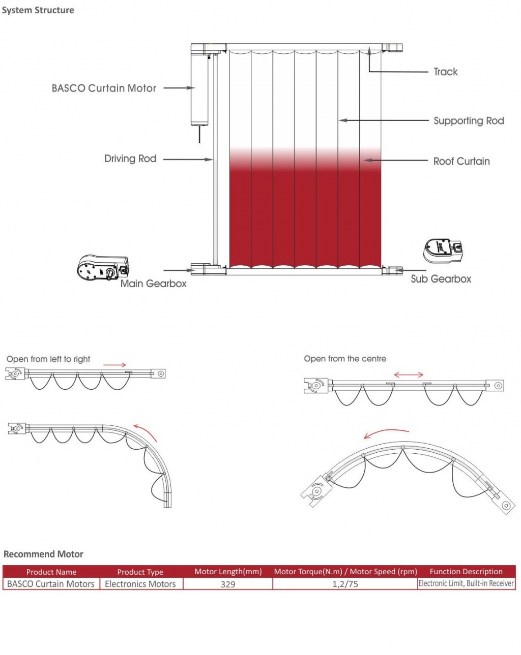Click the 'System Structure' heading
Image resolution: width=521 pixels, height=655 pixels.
(38, 10)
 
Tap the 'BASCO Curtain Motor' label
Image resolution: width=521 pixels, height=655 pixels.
(104, 88)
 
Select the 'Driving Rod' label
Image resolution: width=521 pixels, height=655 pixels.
(130, 159)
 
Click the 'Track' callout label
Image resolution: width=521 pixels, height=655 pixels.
(445, 72)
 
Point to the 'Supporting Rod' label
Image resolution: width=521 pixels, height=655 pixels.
(469, 121)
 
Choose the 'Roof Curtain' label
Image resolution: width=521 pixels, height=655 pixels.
(461, 161)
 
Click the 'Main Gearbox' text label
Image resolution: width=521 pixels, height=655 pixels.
(153, 284)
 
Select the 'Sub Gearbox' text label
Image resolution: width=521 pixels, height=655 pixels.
(441, 279)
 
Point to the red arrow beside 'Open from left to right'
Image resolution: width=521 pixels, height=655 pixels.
(114, 365)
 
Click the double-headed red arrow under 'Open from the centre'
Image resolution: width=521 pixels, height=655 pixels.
(409, 375)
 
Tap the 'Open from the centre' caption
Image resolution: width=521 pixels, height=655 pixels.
(345, 359)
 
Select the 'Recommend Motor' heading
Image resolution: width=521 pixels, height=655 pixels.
(43, 554)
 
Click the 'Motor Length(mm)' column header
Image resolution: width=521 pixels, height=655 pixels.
(228, 572)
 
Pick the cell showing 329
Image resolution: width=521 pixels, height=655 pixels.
(228, 584)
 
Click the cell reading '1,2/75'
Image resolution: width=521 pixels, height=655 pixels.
(345, 584)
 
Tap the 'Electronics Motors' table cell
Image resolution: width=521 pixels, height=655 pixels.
(140, 584)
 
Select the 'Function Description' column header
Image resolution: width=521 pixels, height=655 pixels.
(466, 572)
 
